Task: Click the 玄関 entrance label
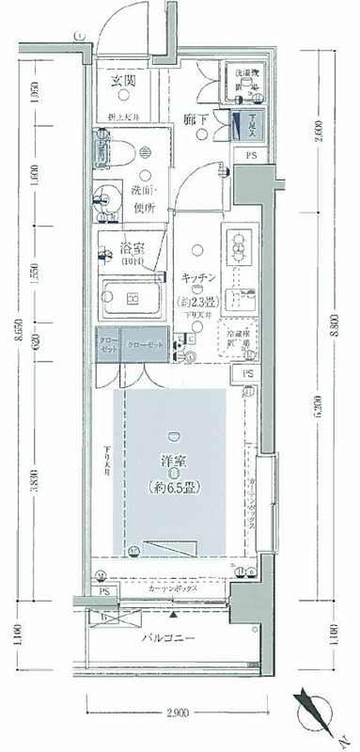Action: click(x=123, y=82)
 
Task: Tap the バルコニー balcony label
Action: click(x=168, y=637)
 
